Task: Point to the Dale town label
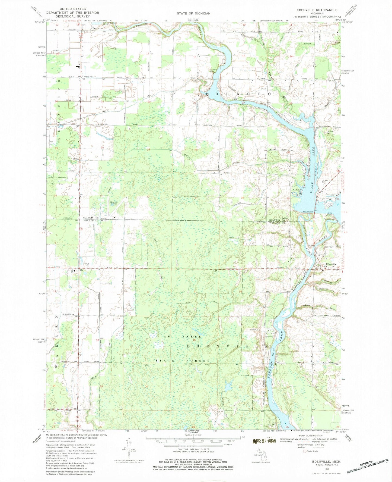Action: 193,78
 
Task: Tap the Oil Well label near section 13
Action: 56,51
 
